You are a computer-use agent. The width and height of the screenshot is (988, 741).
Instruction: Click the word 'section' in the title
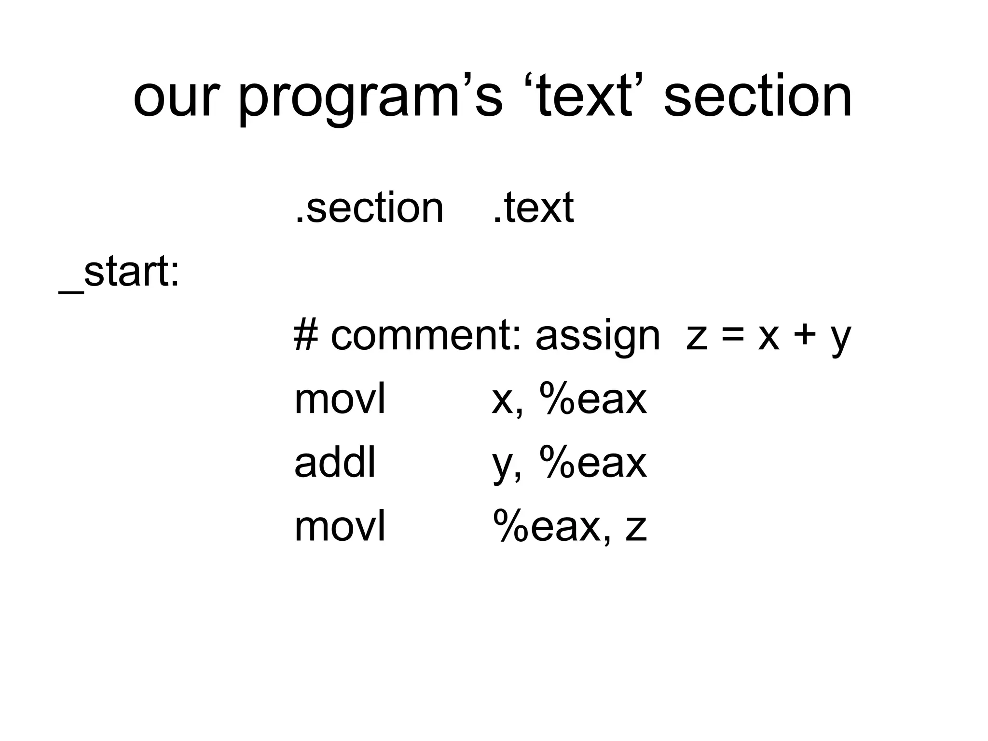[x=757, y=96]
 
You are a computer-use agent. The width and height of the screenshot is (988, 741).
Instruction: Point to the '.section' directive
[x=369, y=208]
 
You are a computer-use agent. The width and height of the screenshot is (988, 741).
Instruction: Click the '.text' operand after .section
[x=533, y=208]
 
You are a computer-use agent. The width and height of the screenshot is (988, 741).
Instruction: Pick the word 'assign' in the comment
[x=597, y=338]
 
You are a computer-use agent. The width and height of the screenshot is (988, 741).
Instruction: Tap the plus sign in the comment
[x=804, y=337]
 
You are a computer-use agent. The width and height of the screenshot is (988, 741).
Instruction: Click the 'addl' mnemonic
[x=335, y=463]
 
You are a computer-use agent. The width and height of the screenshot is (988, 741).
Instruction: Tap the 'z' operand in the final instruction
[x=636, y=529]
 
